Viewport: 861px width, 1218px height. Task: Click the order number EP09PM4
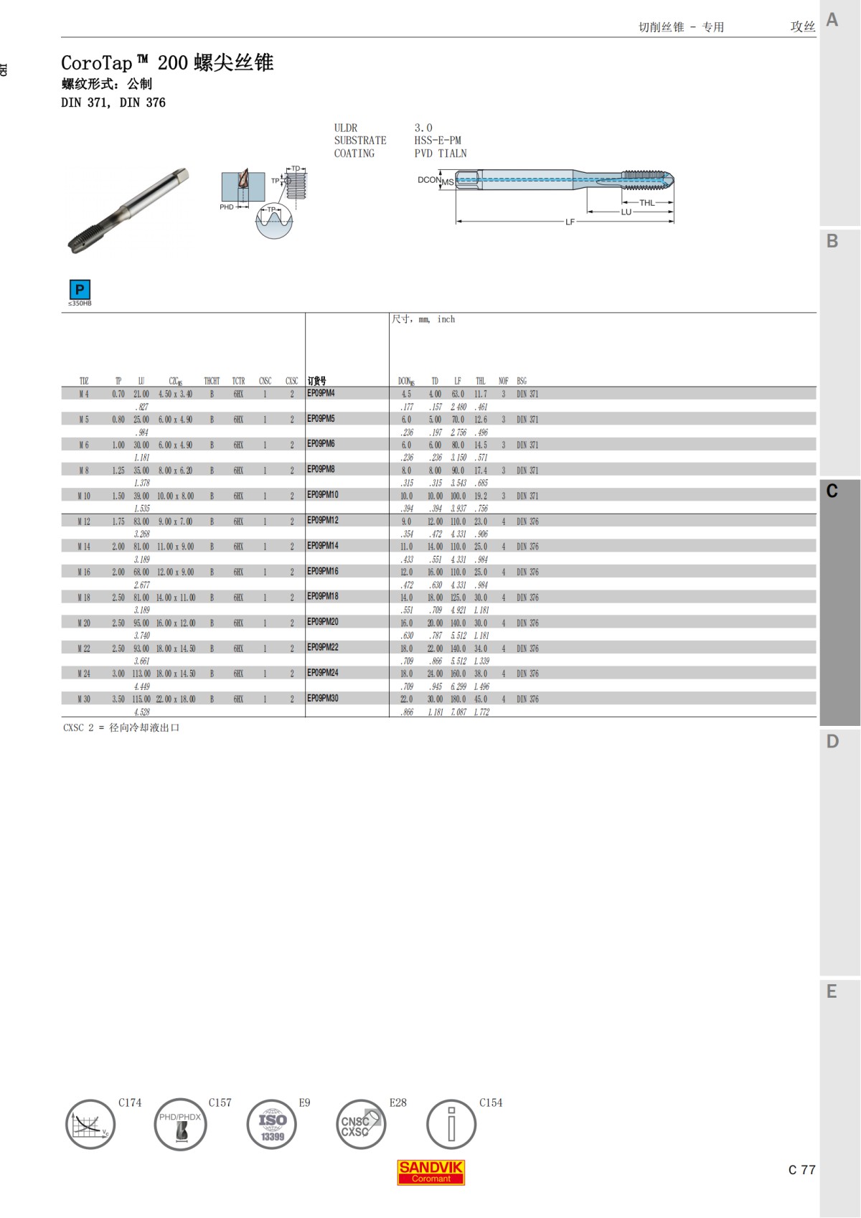coord(321,393)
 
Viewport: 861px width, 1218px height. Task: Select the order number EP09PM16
coord(323,571)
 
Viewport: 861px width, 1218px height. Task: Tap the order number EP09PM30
coord(323,698)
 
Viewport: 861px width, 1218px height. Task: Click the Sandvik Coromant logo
coord(431,1171)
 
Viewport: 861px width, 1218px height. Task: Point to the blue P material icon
coord(80,290)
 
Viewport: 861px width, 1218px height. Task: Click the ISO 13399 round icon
coord(272,1124)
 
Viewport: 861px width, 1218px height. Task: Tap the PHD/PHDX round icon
coord(180,1124)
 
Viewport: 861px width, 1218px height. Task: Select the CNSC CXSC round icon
coord(361,1124)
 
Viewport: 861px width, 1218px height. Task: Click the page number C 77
coord(801,1170)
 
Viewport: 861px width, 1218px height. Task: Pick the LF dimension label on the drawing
coord(570,222)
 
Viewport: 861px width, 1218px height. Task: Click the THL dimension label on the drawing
coord(646,203)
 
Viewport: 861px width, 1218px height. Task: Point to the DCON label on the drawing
coord(429,180)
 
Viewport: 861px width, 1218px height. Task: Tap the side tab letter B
coord(832,241)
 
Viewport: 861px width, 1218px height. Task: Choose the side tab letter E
coord(832,991)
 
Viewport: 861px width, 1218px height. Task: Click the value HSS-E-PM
coord(438,141)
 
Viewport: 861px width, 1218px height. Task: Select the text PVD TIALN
coord(441,154)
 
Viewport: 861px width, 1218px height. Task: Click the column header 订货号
coord(316,381)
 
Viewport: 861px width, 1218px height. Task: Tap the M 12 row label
coord(84,521)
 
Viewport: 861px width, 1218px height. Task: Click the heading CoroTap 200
coord(167,63)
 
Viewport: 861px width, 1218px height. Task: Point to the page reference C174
coord(130,1103)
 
